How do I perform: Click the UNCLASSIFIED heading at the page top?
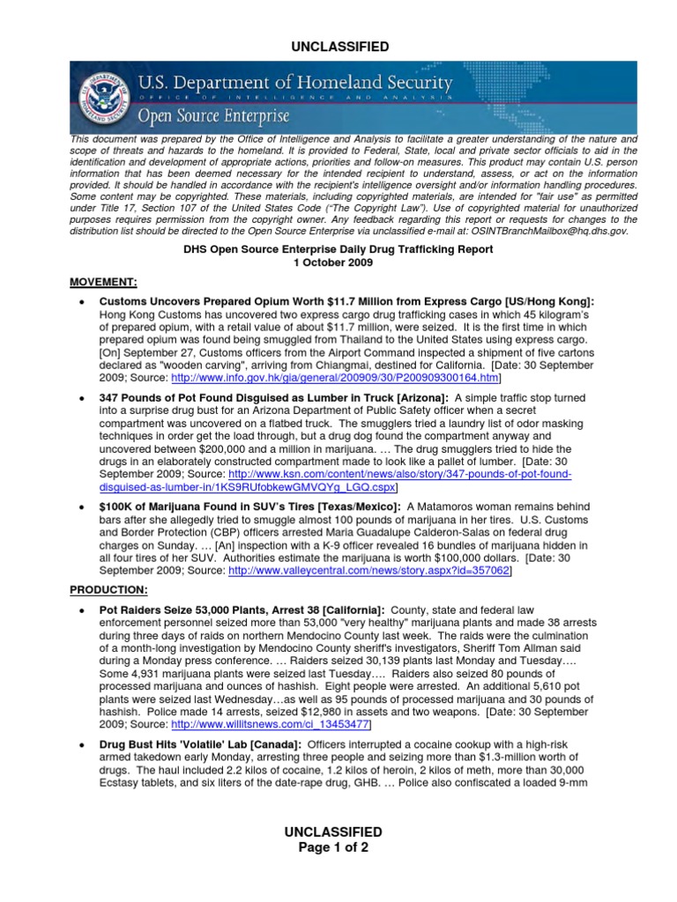coord(338,46)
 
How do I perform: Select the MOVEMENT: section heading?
coord(103,282)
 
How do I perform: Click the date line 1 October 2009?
coord(338,262)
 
